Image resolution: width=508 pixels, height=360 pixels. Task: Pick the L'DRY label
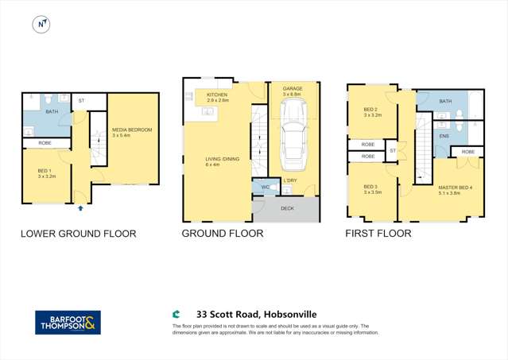point(289,181)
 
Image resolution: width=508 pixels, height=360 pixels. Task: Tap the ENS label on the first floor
point(444,136)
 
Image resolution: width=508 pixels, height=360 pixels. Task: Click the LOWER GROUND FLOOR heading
point(78,234)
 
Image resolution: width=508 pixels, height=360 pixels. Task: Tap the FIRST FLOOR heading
point(378,234)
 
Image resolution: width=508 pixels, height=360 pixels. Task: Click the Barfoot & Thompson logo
point(68,322)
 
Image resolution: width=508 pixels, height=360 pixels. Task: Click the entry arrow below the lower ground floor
point(81,208)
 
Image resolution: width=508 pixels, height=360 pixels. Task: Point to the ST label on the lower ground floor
point(81,101)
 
